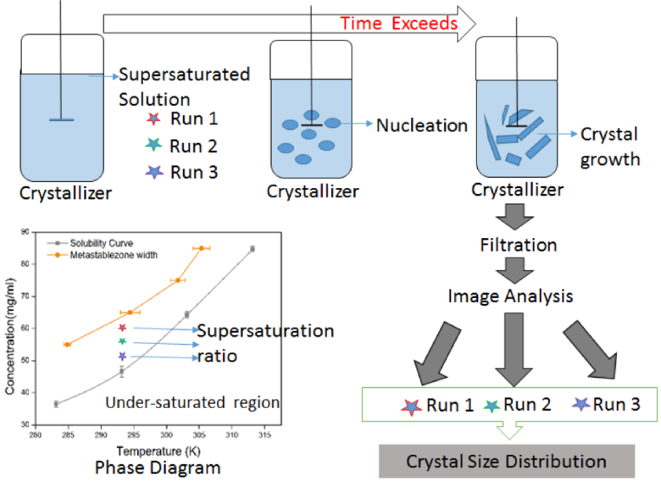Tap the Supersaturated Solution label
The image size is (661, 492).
[184, 86]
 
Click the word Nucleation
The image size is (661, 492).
[422, 125]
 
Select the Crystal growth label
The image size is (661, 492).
[608, 146]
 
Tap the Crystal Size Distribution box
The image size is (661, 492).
[506, 462]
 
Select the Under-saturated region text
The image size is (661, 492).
[193, 401]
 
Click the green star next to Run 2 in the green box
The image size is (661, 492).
[493, 406]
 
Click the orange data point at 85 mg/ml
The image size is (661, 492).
[202, 248]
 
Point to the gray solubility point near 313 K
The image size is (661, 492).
[253, 249]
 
